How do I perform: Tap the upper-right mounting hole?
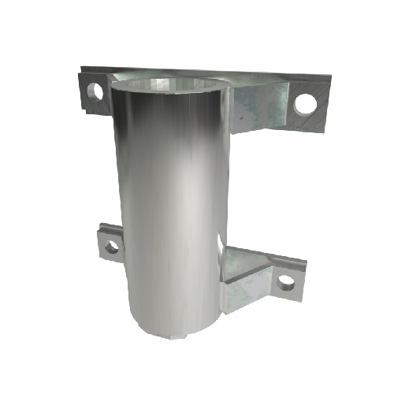click(306, 102)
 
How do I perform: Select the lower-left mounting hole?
click(111, 247)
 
